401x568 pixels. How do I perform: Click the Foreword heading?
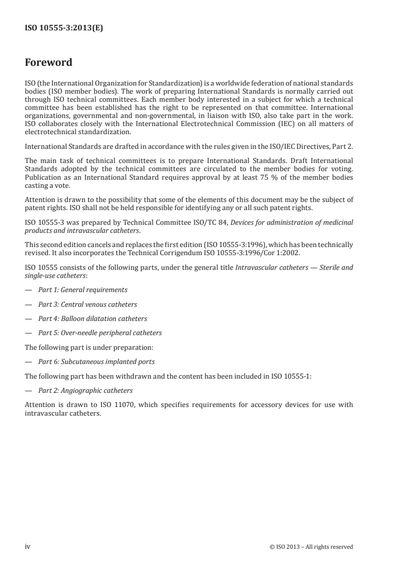(49, 63)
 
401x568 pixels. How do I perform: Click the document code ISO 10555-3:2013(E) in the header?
(64, 29)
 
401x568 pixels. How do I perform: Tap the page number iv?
(28, 546)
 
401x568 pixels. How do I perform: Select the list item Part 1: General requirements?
(83, 290)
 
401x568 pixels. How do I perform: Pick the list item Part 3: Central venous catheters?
(87, 304)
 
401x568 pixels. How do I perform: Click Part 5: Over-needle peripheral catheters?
(100, 333)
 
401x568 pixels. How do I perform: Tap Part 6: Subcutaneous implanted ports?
(97, 361)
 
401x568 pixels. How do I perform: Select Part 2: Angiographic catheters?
(85, 390)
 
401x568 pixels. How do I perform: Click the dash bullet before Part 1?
(28, 290)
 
